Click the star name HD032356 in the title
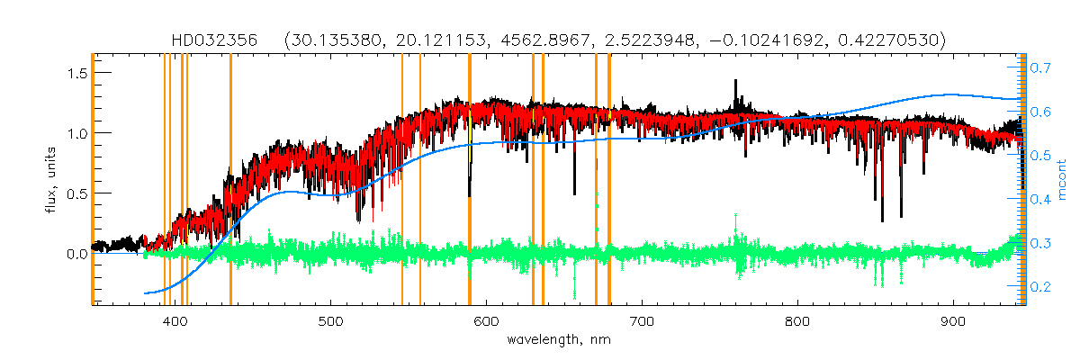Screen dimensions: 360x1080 pyautogui.click(x=215, y=40)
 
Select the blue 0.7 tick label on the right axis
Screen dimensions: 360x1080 pyautogui.click(x=1041, y=67)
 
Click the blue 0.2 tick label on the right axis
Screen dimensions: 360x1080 pyautogui.click(x=1041, y=286)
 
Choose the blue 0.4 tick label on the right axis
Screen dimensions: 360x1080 pyautogui.click(x=1041, y=199)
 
